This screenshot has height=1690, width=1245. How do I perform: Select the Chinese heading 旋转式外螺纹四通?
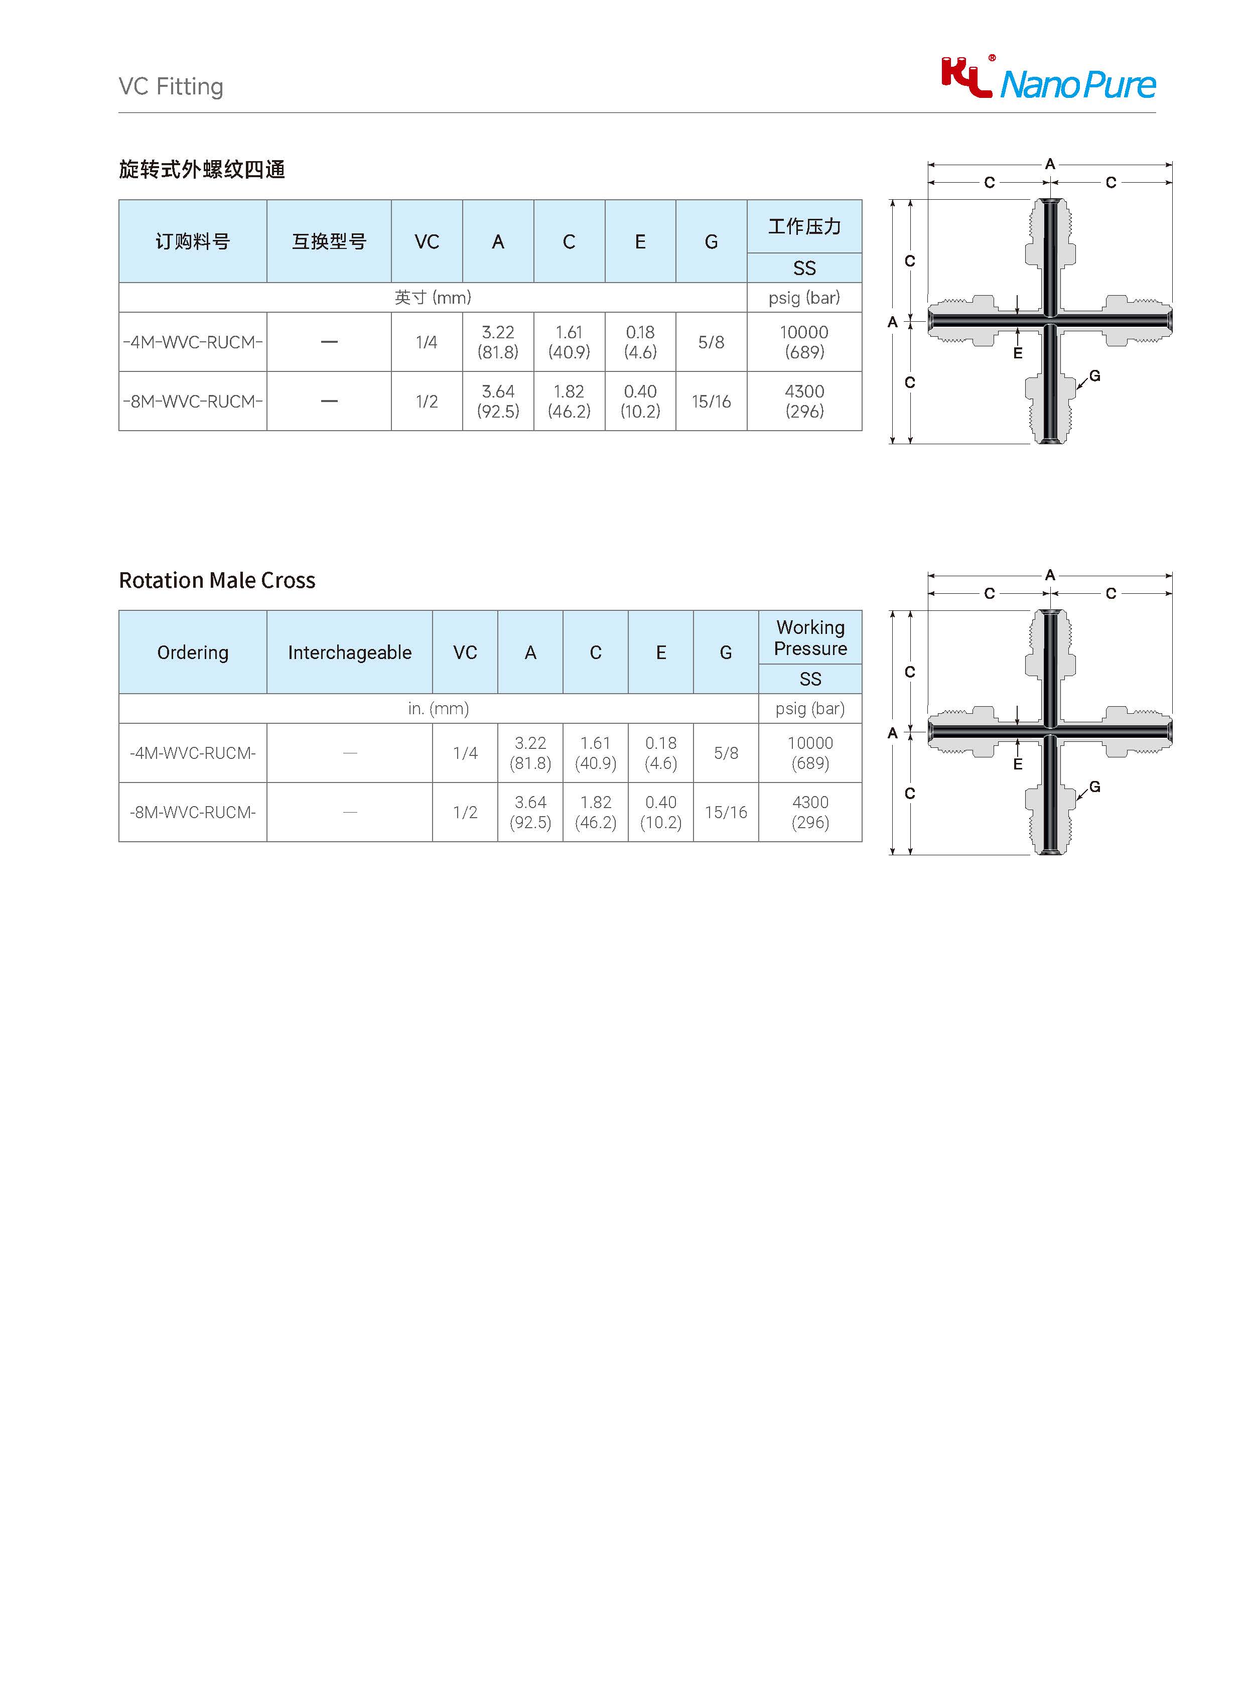point(202,170)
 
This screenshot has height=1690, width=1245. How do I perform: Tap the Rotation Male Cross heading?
point(217,580)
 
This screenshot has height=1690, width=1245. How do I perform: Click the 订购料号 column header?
point(192,241)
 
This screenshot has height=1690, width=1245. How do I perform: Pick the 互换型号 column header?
point(329,241)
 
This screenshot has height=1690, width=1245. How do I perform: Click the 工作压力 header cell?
point(804,226)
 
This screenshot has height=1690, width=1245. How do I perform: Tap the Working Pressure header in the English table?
point(810,638)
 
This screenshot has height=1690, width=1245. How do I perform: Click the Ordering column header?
point(192,652)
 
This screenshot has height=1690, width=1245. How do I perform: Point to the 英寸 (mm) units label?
point(433,298)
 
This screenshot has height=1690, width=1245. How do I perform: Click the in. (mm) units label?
point(438,709)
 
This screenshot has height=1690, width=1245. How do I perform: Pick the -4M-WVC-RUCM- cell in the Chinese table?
point(192,342)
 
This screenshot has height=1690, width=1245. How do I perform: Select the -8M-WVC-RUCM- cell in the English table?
point(192,813)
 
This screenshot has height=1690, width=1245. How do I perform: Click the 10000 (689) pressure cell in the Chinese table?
point(804,342)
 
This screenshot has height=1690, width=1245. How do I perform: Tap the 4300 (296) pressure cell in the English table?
point(810,813)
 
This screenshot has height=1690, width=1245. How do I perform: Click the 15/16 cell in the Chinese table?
point(711,402)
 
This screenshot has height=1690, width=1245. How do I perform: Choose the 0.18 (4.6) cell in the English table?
point(660,753)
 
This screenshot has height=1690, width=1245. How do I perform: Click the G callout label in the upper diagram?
point(1095,375)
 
